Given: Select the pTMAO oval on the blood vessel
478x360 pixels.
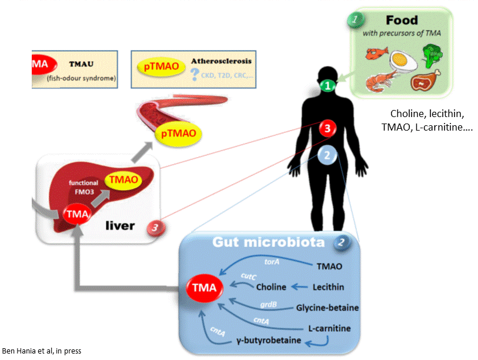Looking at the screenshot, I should pyautogui.click(x=179, y=135).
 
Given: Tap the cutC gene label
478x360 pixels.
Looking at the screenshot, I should pyautogui.click(x=247, y=275).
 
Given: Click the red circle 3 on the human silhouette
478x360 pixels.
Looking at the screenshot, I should pyautogui.click(x=327, y=128).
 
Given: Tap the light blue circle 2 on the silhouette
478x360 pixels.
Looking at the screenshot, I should pyautogui.click(x=326, y=156).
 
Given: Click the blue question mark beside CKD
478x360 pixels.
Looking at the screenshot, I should pyautogui.click(x=195, y=74).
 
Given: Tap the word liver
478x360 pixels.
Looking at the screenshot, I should pyautogui.click(x=126, y=225).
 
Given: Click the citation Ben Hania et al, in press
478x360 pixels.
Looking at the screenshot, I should pyautogui.click(x=41, y=351).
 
